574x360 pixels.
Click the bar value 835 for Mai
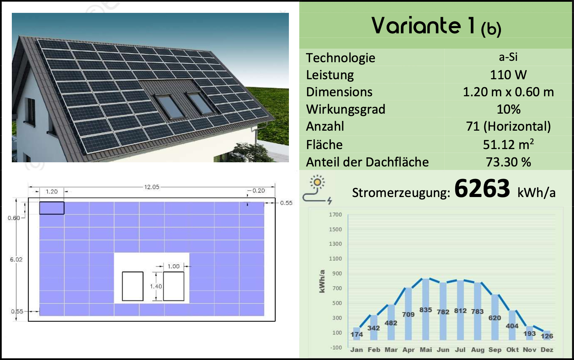pos(426,310)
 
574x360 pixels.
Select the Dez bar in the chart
pos(547,335)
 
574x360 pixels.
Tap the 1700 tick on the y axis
pos(335,214)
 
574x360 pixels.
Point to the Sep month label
pos(495,350)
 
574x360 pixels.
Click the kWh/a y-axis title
pos(322,281)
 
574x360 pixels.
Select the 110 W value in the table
pos(508,75)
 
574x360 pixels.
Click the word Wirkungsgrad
pos(346,109)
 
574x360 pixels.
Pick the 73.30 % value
pos(508,162)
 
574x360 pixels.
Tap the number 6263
pos(482,188)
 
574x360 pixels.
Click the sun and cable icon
pos(317,189)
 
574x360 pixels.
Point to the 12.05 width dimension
pos(152,187)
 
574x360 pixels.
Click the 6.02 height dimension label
pos(16,259)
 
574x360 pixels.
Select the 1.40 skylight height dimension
pos(156,286)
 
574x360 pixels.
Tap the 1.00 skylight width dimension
pos(173,266)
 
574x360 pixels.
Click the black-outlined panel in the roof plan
pos(52,208)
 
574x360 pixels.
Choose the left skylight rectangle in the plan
pos(132,286)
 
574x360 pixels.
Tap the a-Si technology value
pos(508,57)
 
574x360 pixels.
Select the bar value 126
pos(547,336)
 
